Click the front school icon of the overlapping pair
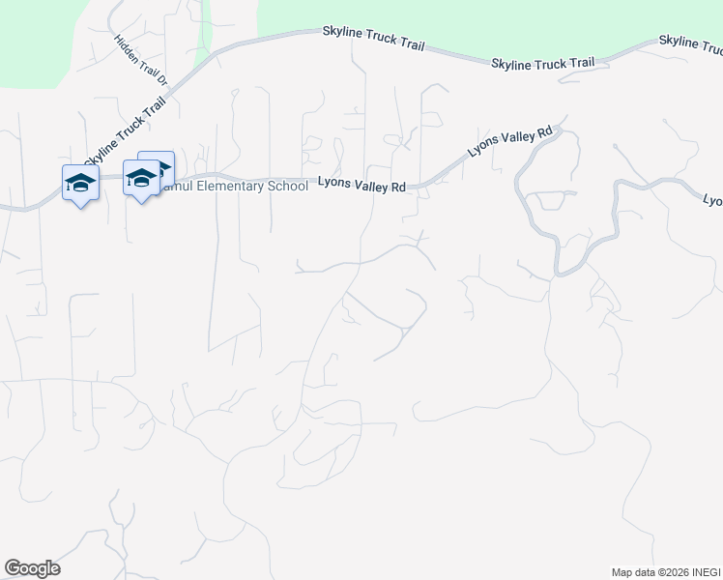click(x=141, y=178)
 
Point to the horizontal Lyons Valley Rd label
click(x=362, y=188)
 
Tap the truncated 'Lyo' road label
click(x=712, y=200)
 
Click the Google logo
click(x=32, y=568)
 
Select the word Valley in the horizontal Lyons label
click(x=370, y=188)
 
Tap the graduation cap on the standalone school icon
click(x=80, y=180)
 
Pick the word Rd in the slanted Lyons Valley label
click(x=544, y=130)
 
